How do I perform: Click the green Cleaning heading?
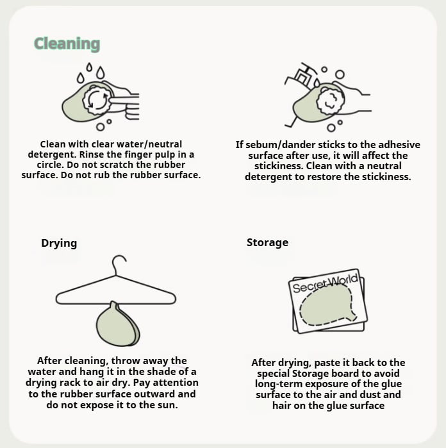[x=67, y=44]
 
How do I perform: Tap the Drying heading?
[x=59, y=244]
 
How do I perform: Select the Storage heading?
[x=267, y=242]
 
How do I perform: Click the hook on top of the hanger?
[x=119, y=263]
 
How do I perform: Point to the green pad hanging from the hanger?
[x=118, y=324]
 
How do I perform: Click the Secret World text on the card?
[x=325, y=283]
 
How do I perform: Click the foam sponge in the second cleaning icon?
[x=331, y=102]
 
